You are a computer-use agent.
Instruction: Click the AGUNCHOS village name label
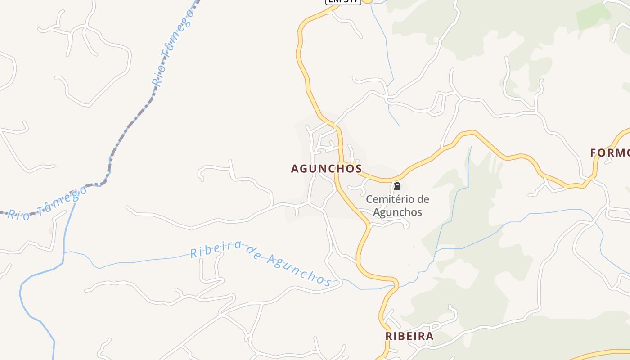click(326, 169)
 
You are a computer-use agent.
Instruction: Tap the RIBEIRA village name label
click(409, 336)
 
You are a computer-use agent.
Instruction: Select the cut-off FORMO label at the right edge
click(610, 153)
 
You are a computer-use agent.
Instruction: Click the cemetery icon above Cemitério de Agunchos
click(397, 186)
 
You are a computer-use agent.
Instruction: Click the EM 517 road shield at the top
click(343, 1)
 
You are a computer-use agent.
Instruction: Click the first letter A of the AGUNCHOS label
click(295, 169)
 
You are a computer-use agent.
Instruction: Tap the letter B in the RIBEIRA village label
click(402, 336)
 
